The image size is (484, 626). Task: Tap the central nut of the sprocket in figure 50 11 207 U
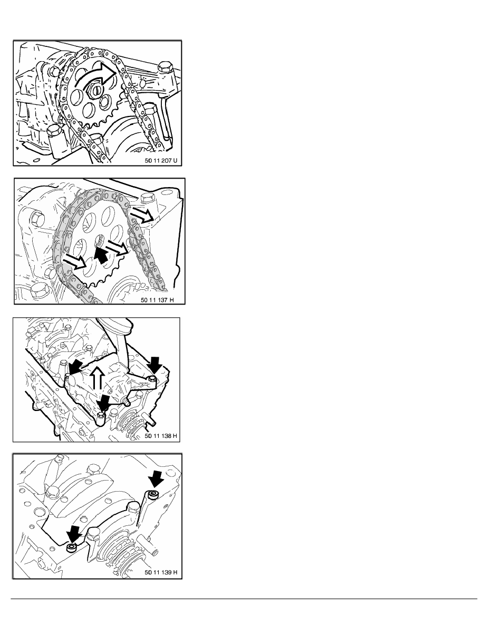(x=96, y=92)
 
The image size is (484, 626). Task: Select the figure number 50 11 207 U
(x=160, y=161)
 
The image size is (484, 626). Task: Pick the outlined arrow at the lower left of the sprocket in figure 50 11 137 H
(x=75, y=261)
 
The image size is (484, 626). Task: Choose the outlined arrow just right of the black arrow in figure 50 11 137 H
(x=118, y=248)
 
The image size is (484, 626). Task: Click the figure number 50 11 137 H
(x=157, y=300)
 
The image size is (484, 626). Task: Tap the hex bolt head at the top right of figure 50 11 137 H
(x=148, y=197)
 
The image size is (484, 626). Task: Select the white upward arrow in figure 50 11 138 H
(x=96, y=378)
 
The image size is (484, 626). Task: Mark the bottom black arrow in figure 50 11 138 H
(x=104, y=403)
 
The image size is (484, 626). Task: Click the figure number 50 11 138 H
(x=160, y=436)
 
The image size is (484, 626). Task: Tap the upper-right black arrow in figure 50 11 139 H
(x=155, y=479)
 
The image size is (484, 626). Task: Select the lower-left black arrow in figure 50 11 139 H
(x=74, y=533)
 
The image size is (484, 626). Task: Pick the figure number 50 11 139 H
(x=160, y=572)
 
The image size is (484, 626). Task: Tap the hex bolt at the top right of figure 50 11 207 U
(x=164, y=67)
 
